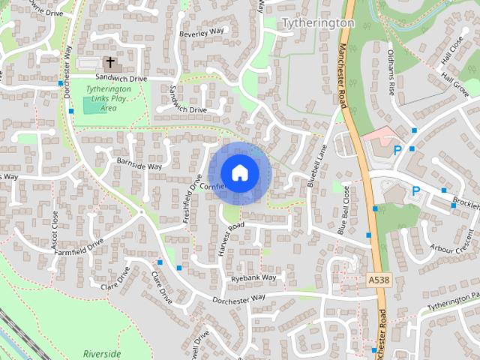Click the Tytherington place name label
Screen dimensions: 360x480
[317, 23]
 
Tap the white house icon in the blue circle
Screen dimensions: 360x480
[239, 172]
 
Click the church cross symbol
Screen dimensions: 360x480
[110, 63]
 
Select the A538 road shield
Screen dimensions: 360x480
[379, 280]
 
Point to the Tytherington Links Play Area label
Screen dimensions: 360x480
[108, 98]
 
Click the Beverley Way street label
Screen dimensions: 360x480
[202, 33]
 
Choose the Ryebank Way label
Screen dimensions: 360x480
[253, 278]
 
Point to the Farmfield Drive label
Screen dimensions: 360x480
[78, 247]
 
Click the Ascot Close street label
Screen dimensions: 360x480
[54, 230]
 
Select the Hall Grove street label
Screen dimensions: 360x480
[455, 81]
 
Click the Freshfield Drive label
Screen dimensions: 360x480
[193, 199]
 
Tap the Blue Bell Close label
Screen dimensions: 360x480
[344, 211]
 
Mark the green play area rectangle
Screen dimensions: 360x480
[94, 106]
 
